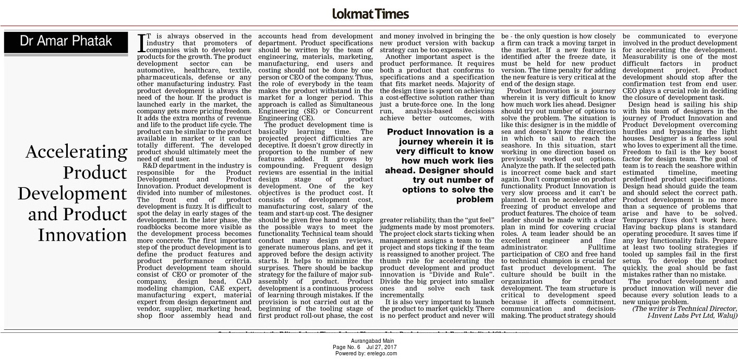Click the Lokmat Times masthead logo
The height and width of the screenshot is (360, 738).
370,14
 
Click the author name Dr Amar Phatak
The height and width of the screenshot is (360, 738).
66,41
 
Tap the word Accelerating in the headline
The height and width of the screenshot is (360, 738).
77,152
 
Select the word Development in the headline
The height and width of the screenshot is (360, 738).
72,194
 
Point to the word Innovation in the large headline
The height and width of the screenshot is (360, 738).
82,235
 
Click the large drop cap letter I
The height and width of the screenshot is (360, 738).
140,43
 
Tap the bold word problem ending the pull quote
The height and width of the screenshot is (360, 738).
475,199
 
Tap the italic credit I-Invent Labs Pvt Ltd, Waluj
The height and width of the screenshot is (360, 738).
692,315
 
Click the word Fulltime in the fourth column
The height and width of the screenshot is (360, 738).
601,247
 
